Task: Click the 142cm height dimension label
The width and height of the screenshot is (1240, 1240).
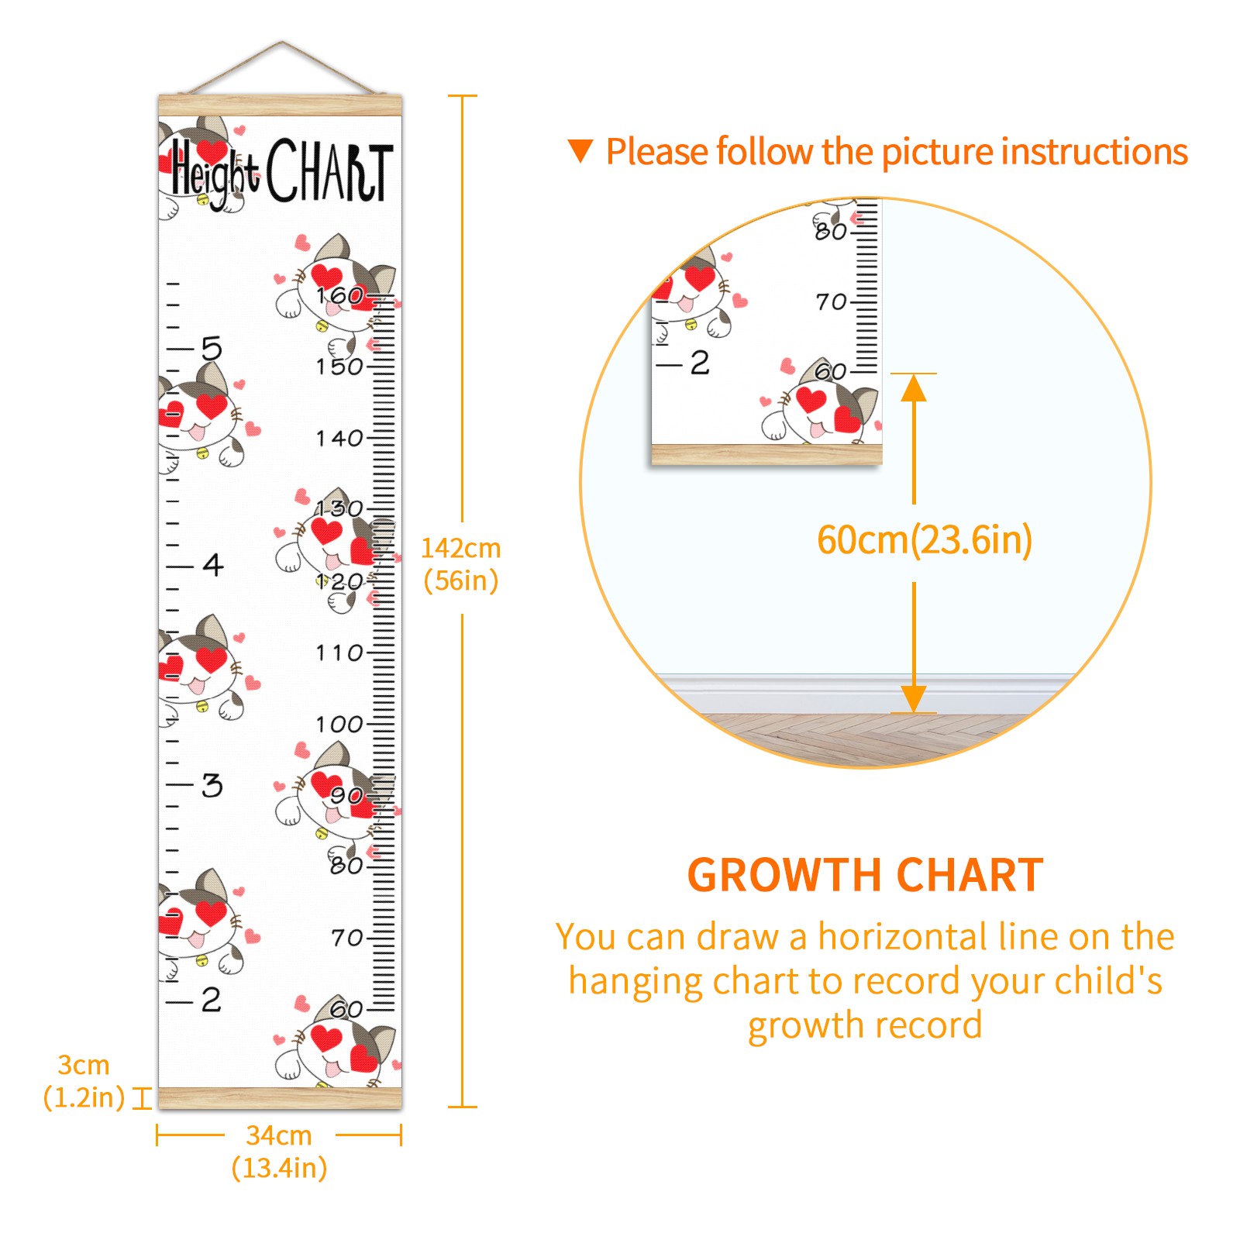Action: (x=460, y=564)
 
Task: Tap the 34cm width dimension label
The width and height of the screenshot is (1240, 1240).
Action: (x=279, y=1152)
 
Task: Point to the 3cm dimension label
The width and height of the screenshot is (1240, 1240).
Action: (x=84, y=1081)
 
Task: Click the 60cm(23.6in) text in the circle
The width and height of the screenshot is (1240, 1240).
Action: (x=925, y=539)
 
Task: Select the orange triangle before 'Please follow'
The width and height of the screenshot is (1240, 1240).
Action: (x=580, y=151)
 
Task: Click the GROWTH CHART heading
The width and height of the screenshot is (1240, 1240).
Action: (x=865, y=876)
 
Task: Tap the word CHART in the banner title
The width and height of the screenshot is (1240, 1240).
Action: (x=330, y=170)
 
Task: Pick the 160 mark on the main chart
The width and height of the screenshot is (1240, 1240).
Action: (x=339, y=295)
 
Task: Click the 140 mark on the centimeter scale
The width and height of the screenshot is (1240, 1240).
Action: (x=339, y=439)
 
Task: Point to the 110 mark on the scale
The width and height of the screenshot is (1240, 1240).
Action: (x=339, y=653)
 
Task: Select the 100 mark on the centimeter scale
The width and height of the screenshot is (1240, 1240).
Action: (x=339, y=725)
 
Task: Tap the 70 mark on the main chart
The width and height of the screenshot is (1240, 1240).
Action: (x=347, y=939)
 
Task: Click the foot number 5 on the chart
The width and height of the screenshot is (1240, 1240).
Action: (x=212, y=349)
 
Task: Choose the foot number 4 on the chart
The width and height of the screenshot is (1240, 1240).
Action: (x=213, y=565)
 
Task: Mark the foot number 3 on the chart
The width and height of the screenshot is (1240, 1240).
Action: (x=212, y=785)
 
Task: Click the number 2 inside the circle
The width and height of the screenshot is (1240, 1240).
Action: (x=700, y=363)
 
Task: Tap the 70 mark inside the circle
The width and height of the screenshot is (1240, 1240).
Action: (x=832, y=301)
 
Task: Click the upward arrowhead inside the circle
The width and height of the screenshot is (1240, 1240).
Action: (x=914, y=387)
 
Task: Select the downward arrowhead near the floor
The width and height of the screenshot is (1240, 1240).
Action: (x=914, y=698)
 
